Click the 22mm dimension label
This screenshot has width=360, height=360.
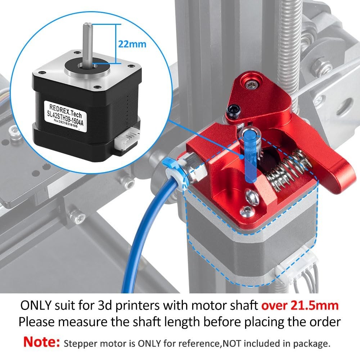(x=132, y=44)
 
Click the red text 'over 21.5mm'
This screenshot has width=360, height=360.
(x=300, y=305)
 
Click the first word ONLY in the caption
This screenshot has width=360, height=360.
(x=37, y=305)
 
